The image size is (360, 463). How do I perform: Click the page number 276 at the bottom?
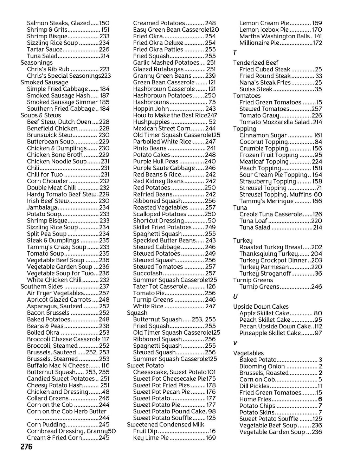(x=26, y=447)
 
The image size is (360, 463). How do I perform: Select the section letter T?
(x=235, y=53)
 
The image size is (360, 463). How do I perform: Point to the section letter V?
(x=235, y=343)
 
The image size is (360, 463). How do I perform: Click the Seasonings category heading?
(x=37, y=63)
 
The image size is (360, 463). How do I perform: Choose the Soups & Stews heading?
(x=41, y=115)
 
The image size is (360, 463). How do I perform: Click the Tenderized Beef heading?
(x=256, y=63)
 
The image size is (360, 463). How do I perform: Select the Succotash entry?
(x=148, y=274)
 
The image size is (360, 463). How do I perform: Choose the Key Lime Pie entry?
(x=151, y=438)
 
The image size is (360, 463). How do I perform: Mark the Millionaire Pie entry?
(x=259, y=43)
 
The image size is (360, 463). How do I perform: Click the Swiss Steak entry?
(x=256, y=89)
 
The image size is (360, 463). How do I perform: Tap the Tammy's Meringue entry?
(x=266, y=201)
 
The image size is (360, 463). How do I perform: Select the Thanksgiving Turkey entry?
(x=269, y=254)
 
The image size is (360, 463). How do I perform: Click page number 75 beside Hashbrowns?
(x=212, y=102)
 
